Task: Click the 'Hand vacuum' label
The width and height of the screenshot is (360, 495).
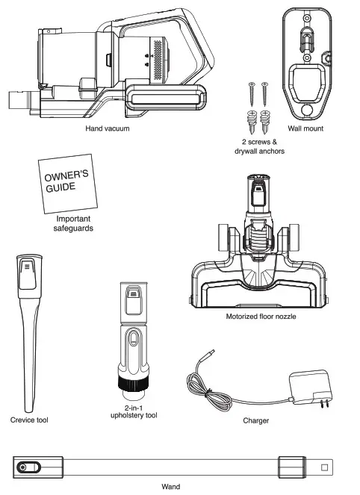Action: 107,129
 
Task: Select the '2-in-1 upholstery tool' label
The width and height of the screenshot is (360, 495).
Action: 136,411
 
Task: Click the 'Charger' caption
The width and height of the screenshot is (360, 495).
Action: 256,420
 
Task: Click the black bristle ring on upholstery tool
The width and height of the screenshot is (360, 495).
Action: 135,385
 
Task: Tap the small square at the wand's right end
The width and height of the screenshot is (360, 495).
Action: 324,467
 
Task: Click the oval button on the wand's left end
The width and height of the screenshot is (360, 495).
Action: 25,467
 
